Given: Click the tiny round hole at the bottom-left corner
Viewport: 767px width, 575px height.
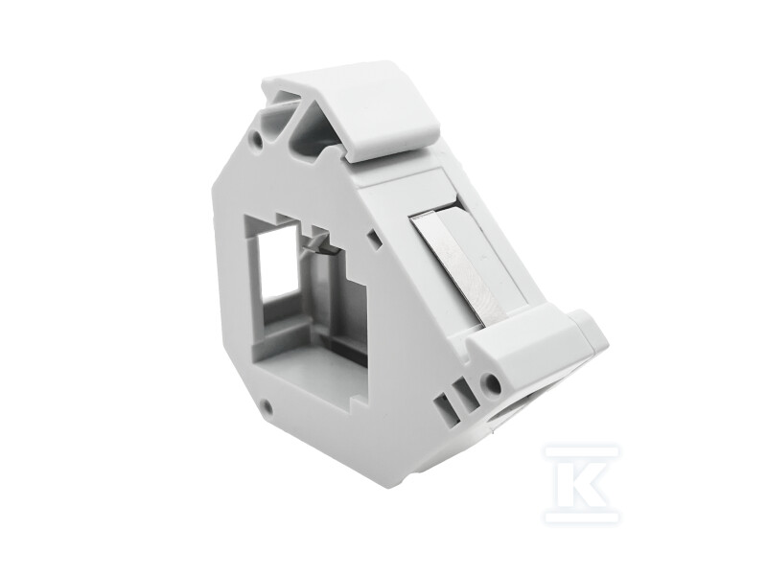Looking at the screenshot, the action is (267, 404).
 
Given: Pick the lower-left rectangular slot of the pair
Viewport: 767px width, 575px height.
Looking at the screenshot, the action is (442, 403).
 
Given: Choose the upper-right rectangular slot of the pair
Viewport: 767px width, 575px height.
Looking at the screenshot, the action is (460, 391).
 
